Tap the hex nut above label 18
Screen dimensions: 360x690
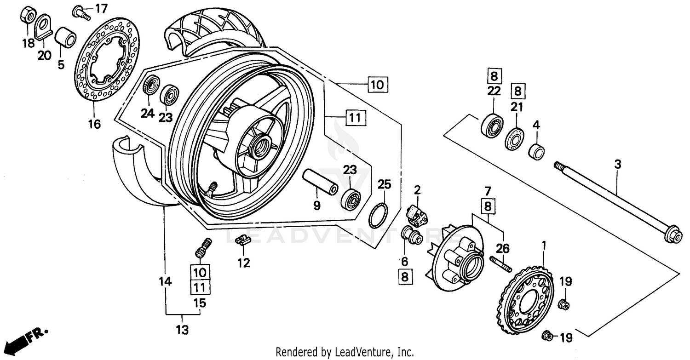coord(28,16)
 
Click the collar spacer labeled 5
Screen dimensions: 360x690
coord(65,38)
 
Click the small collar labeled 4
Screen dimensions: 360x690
coord(536,151)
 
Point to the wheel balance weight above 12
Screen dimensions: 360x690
coord(241,240)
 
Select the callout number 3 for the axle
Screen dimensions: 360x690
coord(618,164)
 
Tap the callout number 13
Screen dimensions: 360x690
coord(183,330)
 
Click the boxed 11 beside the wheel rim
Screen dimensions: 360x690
coord(353,118)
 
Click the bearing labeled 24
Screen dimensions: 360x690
coord(150,86)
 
